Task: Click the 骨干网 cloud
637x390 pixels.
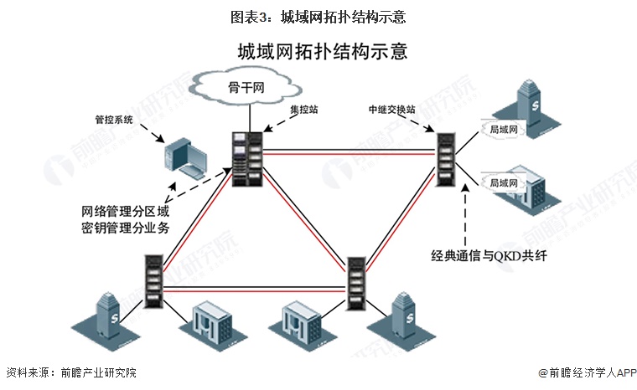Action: tap(245, 87)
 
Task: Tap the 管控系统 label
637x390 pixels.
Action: tap(114, 120)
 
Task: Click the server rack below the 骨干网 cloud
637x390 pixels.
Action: tap(250, 159)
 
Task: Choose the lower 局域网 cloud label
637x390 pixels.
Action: tap(505, 181)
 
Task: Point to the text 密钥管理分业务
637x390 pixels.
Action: tap(126, 227)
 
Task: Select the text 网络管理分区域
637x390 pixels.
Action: tap(126, 210)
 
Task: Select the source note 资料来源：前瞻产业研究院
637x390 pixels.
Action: tap(70, 372)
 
